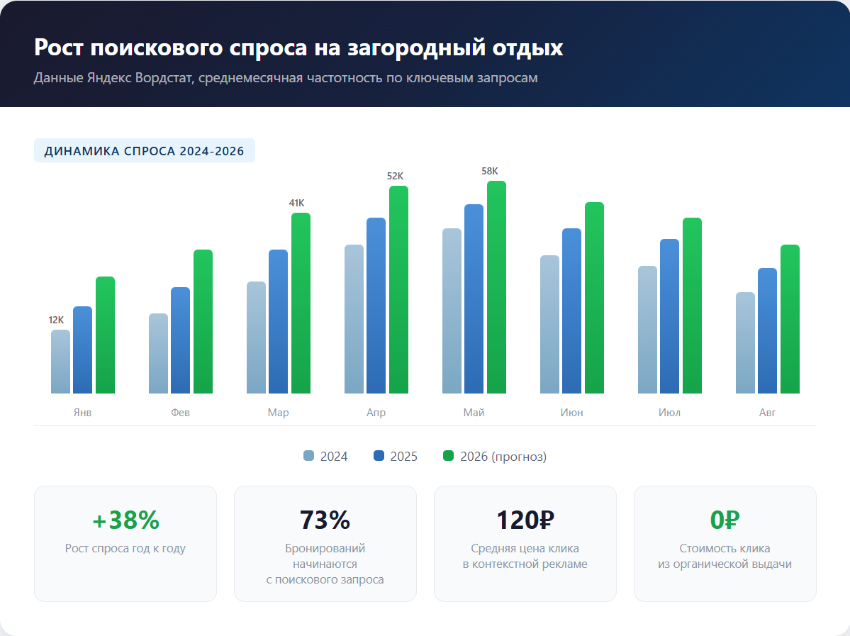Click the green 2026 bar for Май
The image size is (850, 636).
click(x=496, y=287)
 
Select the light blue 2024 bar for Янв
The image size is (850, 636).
click(x=60, y=362)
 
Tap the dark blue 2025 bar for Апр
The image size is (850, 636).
click(x=376, y=306)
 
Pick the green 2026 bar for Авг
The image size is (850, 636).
click(x=790, y=319)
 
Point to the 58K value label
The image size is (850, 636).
click(x=490, y=171)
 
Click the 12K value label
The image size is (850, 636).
click(x=56, y=320)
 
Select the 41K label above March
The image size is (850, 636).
click(x=296, y=203)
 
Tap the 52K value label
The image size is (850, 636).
click(x=395, y=176)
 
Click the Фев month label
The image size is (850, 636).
click(x=180, y=413)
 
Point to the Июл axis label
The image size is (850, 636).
click(x=669, y=413)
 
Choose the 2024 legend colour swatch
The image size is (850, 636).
click(x=308, y=456)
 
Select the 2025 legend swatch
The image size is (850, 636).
click(x=379, y=456)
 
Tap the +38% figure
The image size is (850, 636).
click(x=125, y=520)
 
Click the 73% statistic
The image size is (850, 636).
click(x=325, y=520)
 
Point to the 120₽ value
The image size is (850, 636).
click(x=525, y=520)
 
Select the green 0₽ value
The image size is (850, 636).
click(x=725, y=520)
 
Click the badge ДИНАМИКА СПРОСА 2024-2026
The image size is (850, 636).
click(x=144, y=151)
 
